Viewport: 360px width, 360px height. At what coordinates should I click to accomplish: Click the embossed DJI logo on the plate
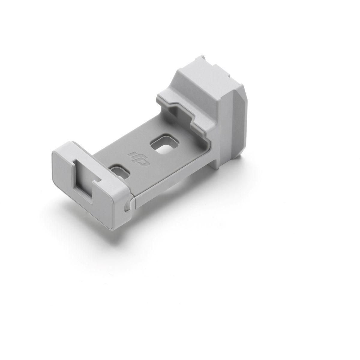pos(138,158)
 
